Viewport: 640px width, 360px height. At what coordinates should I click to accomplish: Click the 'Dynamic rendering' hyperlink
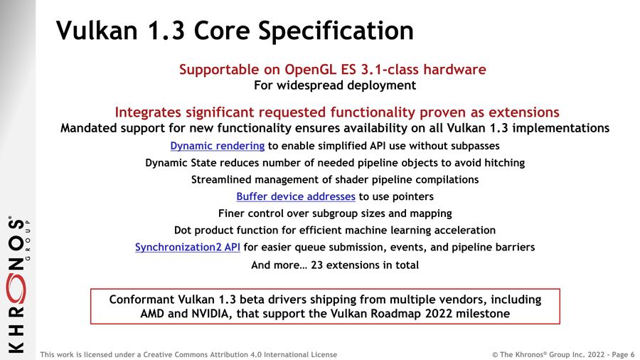[217, 146]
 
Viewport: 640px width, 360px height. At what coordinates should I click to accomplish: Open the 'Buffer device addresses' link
[296, 196]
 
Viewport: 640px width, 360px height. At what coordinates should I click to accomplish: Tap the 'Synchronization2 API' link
[187, 247]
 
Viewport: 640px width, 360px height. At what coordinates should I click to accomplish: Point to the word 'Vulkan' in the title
[97, 30]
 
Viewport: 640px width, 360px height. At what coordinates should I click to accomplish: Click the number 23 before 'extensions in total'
[316, 265]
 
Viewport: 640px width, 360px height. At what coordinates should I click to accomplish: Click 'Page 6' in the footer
[623, 354]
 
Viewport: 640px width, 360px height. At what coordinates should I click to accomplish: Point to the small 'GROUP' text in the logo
[28, 240]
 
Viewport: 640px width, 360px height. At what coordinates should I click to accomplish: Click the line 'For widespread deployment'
[335, 85]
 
